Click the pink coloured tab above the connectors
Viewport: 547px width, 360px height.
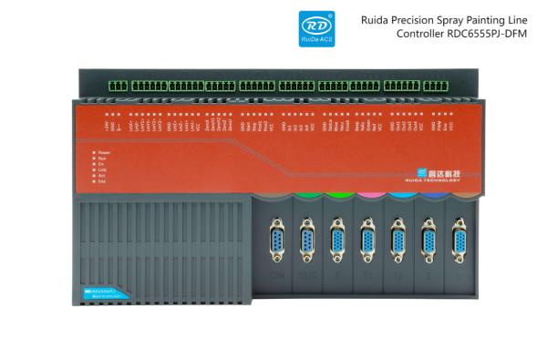point(368,195)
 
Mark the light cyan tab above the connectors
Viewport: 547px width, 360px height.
point(398,195)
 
